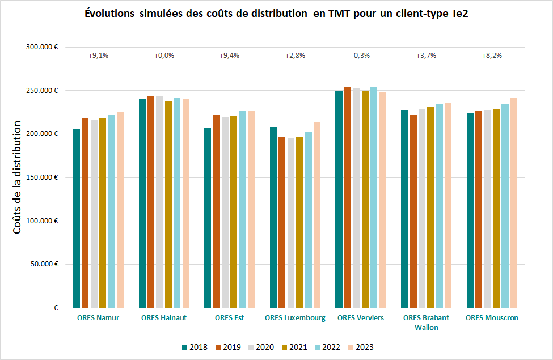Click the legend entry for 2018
tap(195, 348)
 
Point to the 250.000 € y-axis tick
tap(43, 91)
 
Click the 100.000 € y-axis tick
tap(43, 221)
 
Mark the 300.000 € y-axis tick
tap(43, 48)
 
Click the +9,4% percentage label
tap(229, 56)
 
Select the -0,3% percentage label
tap(361, 56)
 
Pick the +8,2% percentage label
tap(492, 56)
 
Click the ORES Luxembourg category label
tap(295, 318)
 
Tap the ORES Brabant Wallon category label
tap(426, 322)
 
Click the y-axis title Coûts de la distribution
tap(18, 177)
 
